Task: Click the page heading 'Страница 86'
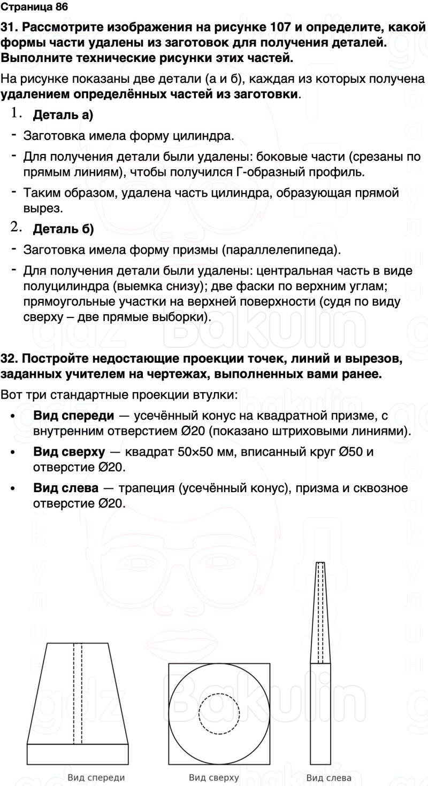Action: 35,7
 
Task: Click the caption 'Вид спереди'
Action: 96,777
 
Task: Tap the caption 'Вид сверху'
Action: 214,777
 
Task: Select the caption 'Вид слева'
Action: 329,777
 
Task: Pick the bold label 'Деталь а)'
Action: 63,115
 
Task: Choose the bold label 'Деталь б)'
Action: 63,230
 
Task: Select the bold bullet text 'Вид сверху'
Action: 69,452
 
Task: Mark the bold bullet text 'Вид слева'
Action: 66,488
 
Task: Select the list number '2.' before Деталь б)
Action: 16,227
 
